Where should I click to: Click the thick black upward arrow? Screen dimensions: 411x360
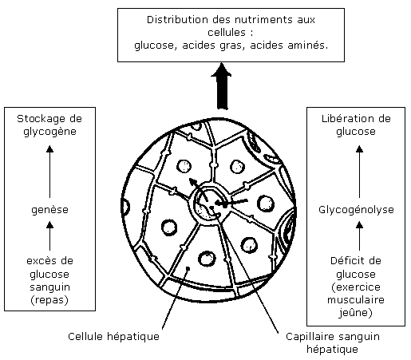pos(221,86)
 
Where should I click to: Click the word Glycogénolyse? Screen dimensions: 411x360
pos(356,210)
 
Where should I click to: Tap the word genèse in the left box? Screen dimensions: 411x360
pos(49,210)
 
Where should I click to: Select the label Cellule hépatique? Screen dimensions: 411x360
pos(113,337)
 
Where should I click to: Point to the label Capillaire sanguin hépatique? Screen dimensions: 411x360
pos(333,342)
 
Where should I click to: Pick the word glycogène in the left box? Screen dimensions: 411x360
pos(49,132)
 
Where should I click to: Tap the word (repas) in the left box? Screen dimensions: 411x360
pos(49,300)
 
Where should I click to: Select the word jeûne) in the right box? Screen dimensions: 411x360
pos(356,312)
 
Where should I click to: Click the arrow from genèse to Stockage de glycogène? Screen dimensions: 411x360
pos(49,172)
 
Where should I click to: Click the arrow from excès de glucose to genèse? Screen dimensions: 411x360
pos(49,236)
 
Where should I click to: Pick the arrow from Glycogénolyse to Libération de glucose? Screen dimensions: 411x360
pos(359,172)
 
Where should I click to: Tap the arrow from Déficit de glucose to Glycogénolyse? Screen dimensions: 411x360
pos(359,236)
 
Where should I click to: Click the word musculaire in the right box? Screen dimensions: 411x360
pos(356,300)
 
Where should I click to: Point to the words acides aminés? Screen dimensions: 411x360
pos(289,45)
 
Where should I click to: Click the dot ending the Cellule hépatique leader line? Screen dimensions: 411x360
pos(188,268)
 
